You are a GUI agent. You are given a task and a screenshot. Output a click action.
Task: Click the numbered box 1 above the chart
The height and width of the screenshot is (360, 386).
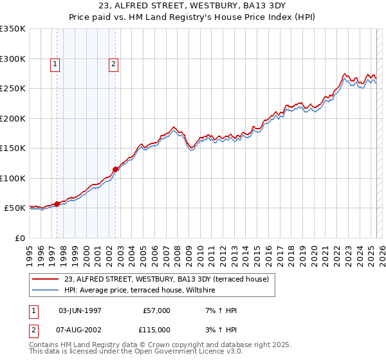click(x=55, y=64)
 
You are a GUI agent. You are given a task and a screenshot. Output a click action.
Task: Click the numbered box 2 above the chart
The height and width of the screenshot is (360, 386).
click(x=113, y=64)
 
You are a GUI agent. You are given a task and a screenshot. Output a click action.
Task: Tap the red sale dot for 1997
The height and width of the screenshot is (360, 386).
click(x=57, y=204)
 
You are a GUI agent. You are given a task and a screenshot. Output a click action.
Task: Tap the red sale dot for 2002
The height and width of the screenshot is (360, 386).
click(x=115, y=169)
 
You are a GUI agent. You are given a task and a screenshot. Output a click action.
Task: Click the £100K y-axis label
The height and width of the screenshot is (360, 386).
click(x=13, y=178)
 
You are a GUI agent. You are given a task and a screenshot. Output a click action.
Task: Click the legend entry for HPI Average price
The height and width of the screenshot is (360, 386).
click(x=139, y=291)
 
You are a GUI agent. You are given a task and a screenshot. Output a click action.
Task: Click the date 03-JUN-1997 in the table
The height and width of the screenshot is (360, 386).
click(x=80, y=310)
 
